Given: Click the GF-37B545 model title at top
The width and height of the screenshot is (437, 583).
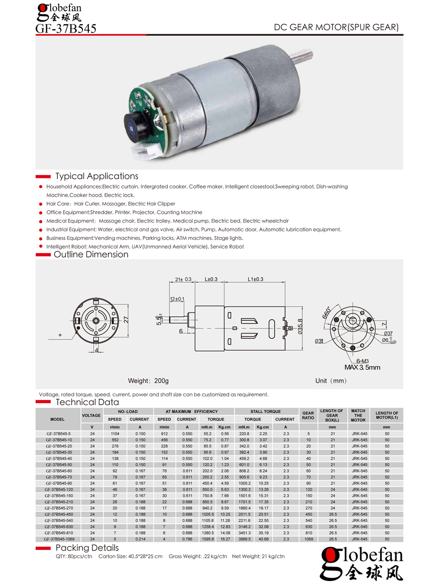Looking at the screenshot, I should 66,29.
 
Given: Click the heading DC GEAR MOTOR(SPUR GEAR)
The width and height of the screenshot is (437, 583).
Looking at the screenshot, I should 336,28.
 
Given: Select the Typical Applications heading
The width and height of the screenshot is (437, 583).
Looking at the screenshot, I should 97,176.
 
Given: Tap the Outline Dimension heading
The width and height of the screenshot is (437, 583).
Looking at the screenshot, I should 91,255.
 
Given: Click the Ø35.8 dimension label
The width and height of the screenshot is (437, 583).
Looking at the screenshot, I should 300,326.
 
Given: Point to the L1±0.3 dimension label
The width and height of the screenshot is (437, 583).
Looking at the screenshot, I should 255,279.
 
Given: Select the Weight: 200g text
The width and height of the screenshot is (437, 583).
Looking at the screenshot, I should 148,380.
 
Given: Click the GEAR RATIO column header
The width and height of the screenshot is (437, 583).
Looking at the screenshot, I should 308,415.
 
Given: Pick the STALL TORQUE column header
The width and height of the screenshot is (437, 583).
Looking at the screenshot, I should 266,412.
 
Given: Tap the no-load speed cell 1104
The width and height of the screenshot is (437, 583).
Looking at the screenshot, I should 115,433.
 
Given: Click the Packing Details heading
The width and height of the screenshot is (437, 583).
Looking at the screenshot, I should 87,548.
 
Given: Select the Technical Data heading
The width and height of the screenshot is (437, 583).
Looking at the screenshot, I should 87,402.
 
